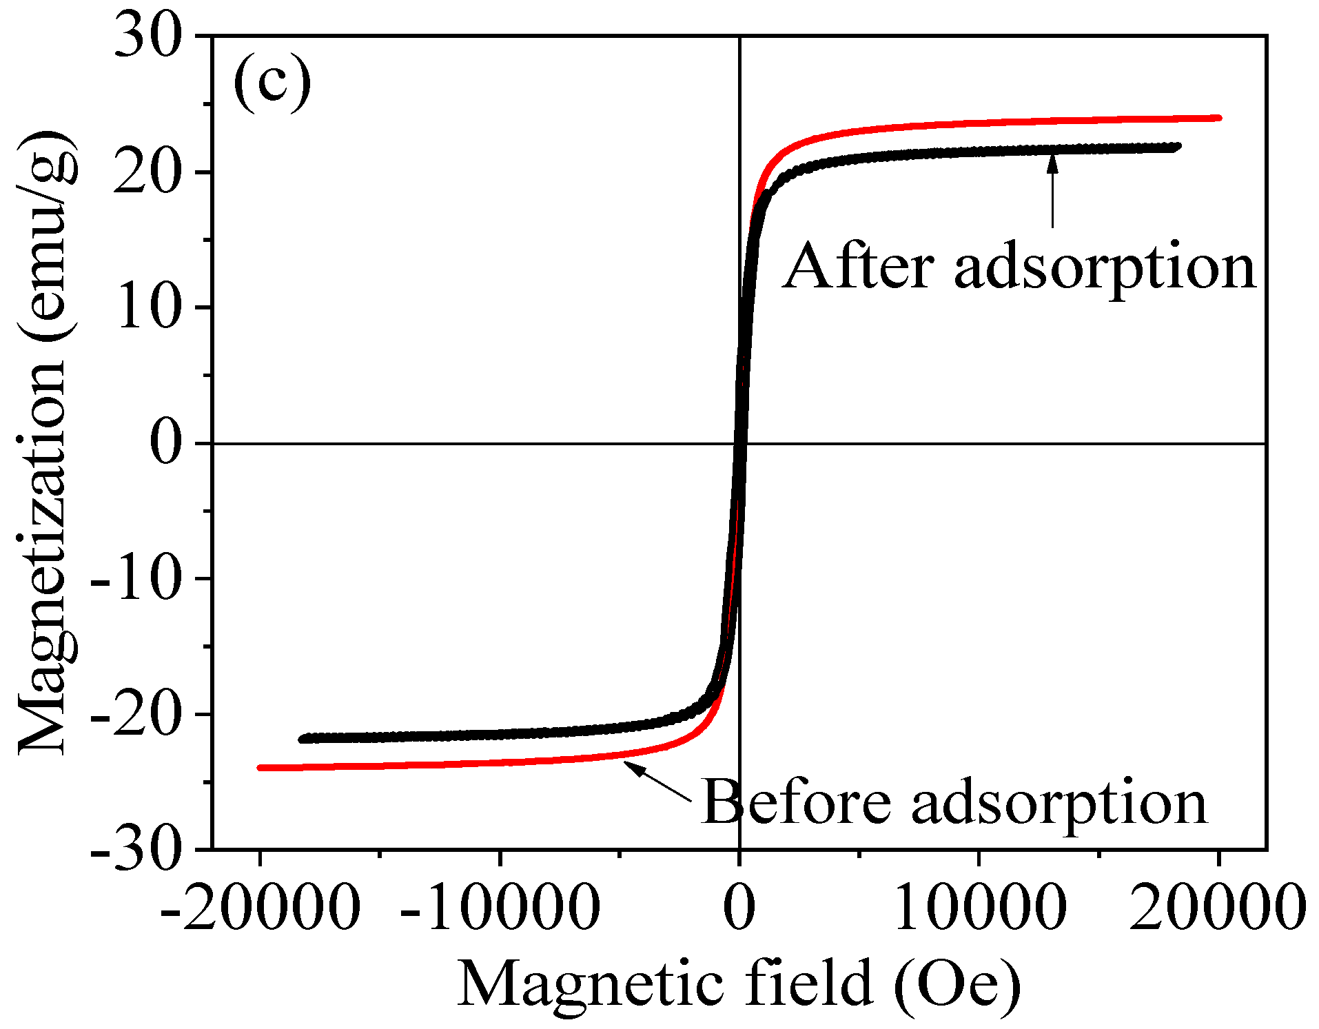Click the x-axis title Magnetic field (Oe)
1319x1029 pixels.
pyautogui.click(x=739, y=984)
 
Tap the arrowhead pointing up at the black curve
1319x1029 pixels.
pyautogui.click(x=1052, y=163)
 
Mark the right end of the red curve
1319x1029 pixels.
pyautogui.click(x=1218, y=118)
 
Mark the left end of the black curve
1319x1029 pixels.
pyautogui.click(x=302, y=739)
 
